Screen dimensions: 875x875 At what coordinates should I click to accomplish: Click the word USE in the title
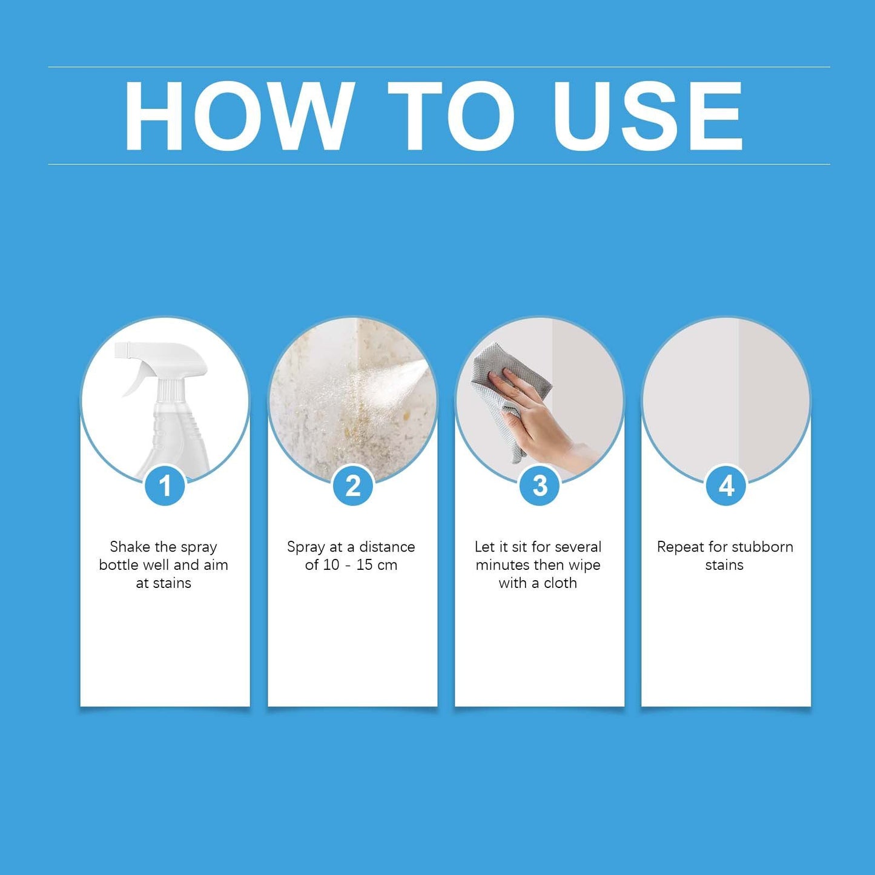(647, 116)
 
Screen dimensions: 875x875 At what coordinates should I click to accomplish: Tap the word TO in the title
(451, 116)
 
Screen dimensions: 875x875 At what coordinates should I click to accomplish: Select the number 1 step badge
(165, 486)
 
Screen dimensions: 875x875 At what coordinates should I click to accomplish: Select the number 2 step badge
(352, 486)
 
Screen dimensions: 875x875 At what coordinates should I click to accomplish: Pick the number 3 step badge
(540, 486)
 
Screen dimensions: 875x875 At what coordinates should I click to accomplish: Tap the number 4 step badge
(726, 486)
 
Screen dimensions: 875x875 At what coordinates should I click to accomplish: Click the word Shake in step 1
(130, 547)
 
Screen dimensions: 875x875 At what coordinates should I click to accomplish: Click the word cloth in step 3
(560, 583)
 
